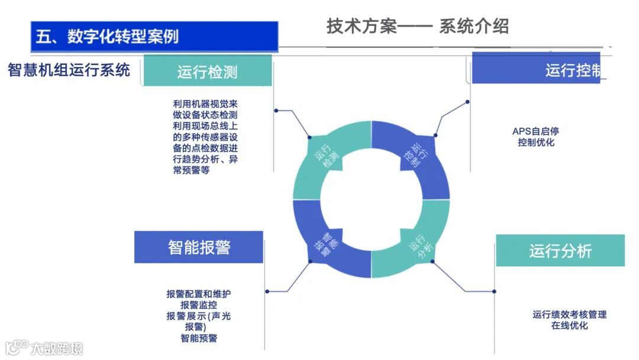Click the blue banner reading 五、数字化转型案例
[x=154, y=37]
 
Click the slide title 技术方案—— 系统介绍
[x=417, y=26]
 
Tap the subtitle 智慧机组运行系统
[x=69, y=70]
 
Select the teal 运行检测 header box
[x=207, y=71]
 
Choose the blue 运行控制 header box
[x=536, y=70]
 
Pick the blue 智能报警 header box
[x=199, y=247]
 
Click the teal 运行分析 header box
[x=560, y=250]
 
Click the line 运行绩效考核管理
[x=569, y=314]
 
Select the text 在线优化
[x=569, y=326]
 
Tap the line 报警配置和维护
[x=203, y=294]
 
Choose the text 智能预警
[x=199, y=338]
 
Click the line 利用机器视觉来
[x=205, y=103]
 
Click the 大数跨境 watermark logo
[x=45, y=347]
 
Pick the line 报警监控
[x=199, y=305]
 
